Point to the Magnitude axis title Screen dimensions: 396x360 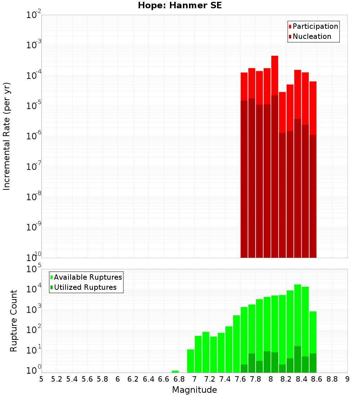[x=194, y=390]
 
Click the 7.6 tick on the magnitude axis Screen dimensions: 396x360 [x=240, y=379]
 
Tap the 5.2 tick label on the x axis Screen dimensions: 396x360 [x=57, y=379]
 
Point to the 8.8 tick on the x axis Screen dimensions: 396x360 [x=332, y=379]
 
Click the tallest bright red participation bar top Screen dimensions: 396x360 [x=275, y=57]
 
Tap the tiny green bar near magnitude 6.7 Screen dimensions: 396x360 [x=175, y=372]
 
